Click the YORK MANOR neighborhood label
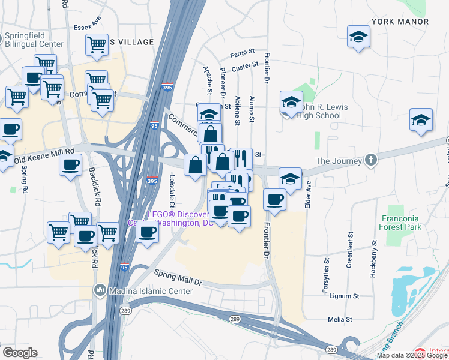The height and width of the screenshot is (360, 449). (400, 22)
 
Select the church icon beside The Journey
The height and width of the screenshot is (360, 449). (371, 161)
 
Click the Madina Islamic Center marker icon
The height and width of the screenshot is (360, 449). (100, 291)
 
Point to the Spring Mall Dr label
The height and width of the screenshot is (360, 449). (178, 277)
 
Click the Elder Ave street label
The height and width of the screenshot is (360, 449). (307, 194)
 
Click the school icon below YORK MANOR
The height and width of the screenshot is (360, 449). (358, 37)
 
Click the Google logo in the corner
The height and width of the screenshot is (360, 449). (20, 353)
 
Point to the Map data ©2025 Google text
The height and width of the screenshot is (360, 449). (411, 355)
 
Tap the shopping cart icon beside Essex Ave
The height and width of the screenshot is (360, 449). (97, 45)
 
